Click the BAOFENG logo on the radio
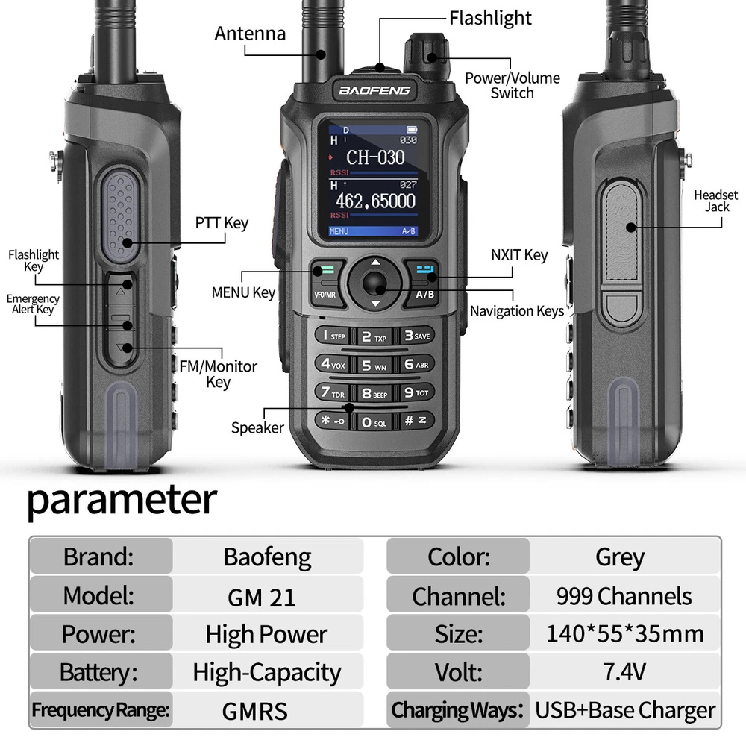(374, 90)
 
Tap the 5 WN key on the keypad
(374, 366)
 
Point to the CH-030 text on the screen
(375, 157)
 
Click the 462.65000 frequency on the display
(375, 201)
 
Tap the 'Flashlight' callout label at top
(490, 18)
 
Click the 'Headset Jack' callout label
(716, 201)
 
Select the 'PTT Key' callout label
(222, 222)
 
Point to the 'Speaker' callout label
(257, 427)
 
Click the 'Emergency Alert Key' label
(33, 304)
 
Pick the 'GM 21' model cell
(261, 598)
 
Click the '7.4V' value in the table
(624, 672)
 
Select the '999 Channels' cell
(624, 595)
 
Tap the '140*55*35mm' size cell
(624, 633)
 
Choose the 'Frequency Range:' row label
(101, 710)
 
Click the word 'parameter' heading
(122, 500)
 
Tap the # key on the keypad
(416, 421)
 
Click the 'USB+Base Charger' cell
(624, 710)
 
